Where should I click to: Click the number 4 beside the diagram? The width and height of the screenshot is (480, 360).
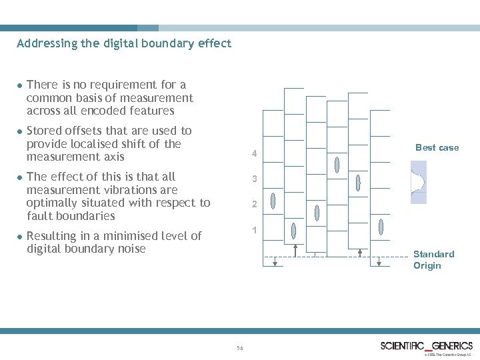tap(254, 155)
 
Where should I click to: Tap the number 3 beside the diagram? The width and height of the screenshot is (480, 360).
tap(254, 179)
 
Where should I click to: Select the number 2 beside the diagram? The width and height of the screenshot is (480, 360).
tap(254, 205)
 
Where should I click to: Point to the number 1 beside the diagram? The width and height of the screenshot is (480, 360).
tap(254, 230)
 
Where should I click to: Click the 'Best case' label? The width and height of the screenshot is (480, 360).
tap(437, 147)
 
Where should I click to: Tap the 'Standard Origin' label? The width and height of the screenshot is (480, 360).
tap(433, 259)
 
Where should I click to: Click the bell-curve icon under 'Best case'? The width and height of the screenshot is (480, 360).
tap(418, 182)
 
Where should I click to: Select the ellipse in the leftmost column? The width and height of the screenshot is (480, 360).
tap(294, 231)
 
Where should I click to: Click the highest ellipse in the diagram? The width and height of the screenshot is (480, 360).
tap(337, 164)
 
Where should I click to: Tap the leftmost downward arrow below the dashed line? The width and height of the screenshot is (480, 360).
tap(275, 261)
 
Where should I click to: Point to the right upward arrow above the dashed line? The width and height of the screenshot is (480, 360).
tap(361, 252)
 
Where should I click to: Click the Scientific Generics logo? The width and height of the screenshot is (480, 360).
tap(426, 346)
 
